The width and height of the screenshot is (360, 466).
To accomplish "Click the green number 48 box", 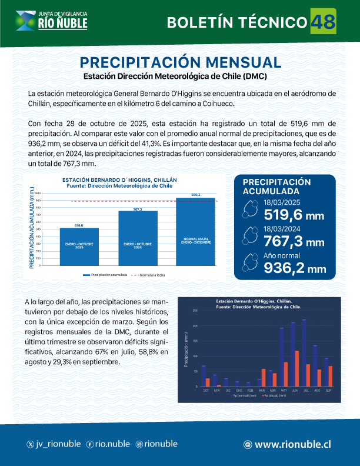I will pyautogui.click(x=323, y=22).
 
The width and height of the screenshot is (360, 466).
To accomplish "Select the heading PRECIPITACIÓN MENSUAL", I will pyautogui.click(x=180, y=62).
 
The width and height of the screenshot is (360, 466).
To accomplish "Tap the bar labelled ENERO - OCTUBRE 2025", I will pyautogui.click(x=79, y=247).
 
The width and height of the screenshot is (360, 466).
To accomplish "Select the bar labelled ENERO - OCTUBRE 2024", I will pyautogui.click(x=138, y=238).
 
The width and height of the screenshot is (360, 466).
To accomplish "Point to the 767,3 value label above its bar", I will pyautogui.click(x=138, y=209).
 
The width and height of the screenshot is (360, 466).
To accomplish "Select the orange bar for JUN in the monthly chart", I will pyautogui.click(x=297, y=368).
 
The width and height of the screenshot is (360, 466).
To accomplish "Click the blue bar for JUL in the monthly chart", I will pyautogui.click(x=304, y=352).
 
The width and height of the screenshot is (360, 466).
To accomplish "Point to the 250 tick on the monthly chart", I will pyautogui.click(x=195, y=311).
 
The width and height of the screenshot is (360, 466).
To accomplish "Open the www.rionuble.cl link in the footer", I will pyautogui.click(x=292, y=444).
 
